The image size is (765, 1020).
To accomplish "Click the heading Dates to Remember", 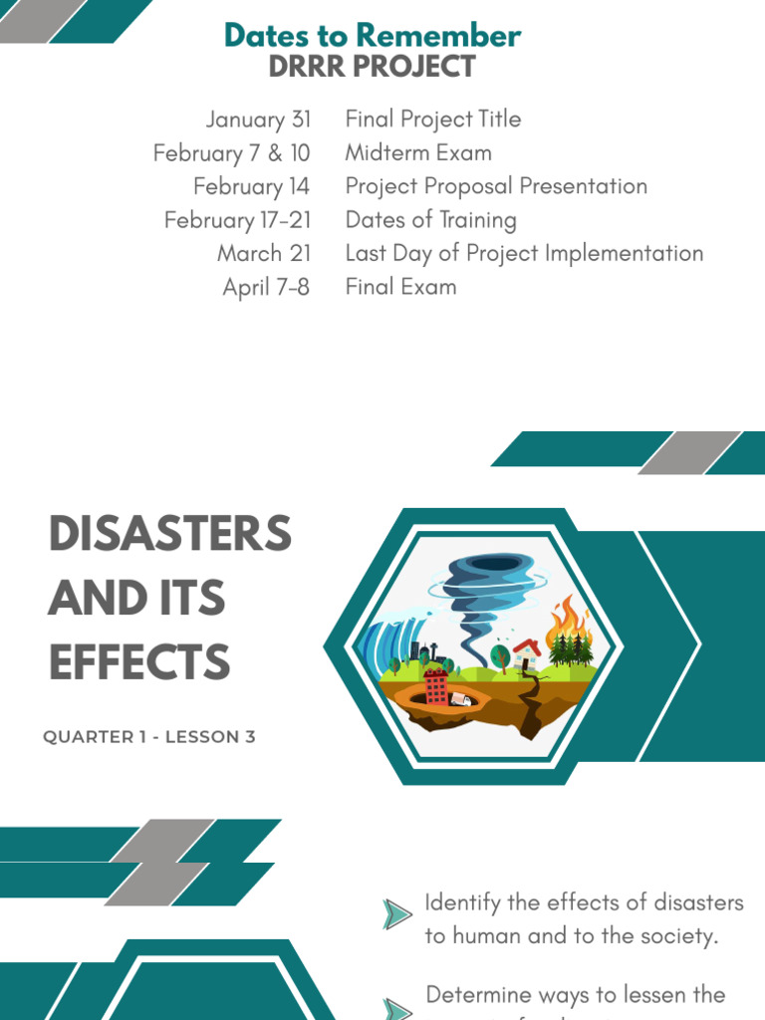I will pos(373,36).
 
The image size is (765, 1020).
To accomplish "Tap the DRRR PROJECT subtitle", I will pos(373,67).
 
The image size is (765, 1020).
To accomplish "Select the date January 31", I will pos(258,120).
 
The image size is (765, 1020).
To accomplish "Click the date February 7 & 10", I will pos(231,153).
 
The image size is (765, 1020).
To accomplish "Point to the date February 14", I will pos(251,186).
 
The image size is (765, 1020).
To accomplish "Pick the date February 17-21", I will pos(237,220).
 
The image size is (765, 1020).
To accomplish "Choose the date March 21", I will pos(263,253).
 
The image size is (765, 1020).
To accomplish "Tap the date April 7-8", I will pos(266,287).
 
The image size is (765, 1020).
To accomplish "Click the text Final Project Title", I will pos(432,120).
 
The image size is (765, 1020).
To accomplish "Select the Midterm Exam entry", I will pos(418,153).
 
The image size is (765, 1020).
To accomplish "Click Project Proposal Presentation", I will pos(496,186).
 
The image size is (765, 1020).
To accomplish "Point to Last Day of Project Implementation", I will pos(524,253).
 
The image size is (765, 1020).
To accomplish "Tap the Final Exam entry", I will pos(400,287).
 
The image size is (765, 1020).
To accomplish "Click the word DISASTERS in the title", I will pos(170,535).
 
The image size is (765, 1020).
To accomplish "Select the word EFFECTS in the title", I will pos(138,662).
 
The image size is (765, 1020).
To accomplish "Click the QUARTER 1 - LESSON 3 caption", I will pos(149,737).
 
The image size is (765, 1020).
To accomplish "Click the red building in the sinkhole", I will pos(435,685).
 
